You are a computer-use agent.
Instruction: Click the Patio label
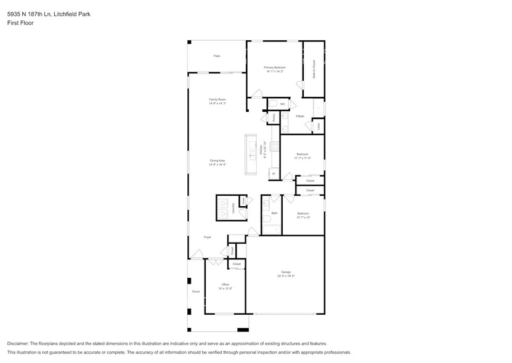pyautogui.click(x=217, y=56)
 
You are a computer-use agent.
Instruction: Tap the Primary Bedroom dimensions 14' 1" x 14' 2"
pyautogui.click(x=274, y=72)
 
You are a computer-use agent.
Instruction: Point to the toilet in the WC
pyautogui.click(x=273, y=104)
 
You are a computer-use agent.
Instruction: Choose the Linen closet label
pyautogui.click(x=319, y=127)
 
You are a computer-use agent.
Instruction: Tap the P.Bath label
pyautogui.click(x=300, y=117)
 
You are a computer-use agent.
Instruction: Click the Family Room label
pyautogui.click(x=217, y=99)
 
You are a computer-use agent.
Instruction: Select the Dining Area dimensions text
pyautogui.click(x=217, y=165)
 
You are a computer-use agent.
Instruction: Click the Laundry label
pyautogui.click(x=234, y=208)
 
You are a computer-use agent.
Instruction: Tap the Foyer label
pyautogui.click(x=208, y=236)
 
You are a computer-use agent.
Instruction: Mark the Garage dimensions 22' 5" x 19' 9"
pyautogui.click(x=286, y=276)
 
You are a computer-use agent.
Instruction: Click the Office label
pyautogui.click(x=225, y=285)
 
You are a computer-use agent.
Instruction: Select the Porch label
pyautogui.click(x=196, y=291)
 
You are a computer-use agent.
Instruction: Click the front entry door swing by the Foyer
pyautogui.click(x=197, y=254)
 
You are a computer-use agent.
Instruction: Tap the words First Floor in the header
pyautogui.click(x=20, y=23)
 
